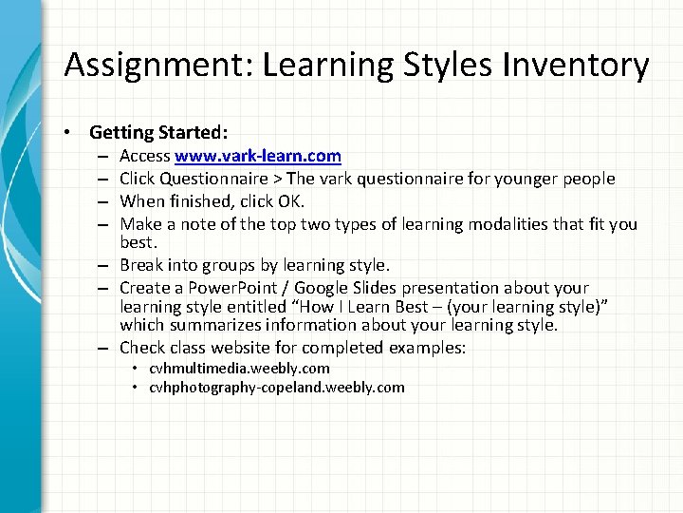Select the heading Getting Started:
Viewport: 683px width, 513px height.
(x=158, y=132)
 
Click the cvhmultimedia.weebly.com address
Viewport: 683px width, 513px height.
(x=239, y=368)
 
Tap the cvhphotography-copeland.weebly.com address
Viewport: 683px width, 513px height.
(x=276, y=387)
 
